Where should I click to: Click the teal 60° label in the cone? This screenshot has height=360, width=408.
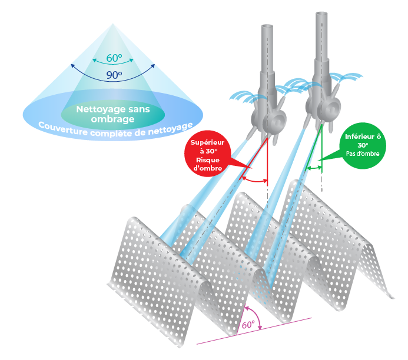click(114, 58)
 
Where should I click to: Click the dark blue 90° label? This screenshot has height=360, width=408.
click(114, 75)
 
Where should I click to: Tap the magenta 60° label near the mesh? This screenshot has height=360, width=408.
click(248, 324)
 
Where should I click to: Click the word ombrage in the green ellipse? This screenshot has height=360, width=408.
click(112, 119)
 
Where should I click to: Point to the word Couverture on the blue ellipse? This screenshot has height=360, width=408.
click(62, 129)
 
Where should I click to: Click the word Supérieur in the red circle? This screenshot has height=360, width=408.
click(207, 142)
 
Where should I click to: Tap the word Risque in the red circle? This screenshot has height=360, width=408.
click(208, 160)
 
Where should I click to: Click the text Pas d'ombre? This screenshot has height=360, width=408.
click(363, 154)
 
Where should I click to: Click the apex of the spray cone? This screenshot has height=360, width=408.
click(112, 24)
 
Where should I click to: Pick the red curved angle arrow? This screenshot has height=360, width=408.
click(254, 180)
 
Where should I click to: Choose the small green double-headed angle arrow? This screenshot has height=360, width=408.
click(314, 168)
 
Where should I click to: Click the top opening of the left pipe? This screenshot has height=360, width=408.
click(267, 26)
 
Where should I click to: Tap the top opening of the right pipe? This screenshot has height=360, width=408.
click(321, 14)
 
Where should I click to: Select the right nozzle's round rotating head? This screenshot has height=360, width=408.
click(329, 108)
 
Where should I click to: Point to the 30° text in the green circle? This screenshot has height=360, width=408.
click(363, 145)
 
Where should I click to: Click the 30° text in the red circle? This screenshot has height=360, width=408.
click(209, 151)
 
